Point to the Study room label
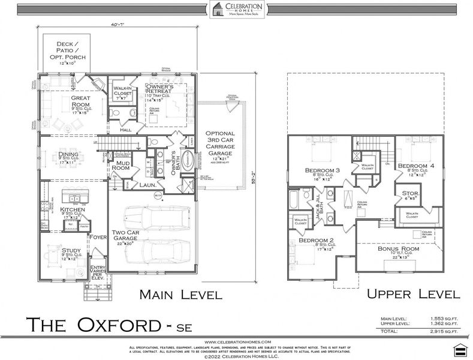(71, 251)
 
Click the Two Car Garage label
(126, 236)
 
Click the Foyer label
(98, 236)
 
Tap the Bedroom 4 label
(416, 166)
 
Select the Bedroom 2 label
(317, 242)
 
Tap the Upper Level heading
(414, 294)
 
